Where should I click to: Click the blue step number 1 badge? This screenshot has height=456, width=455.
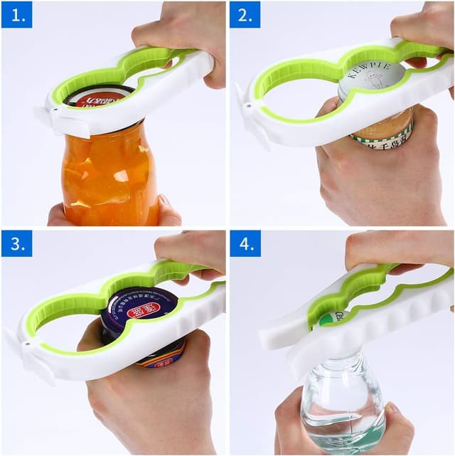click(x=16, y=14)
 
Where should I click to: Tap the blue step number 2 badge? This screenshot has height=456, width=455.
click(x=245, y=14)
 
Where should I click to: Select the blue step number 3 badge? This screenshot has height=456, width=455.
click(x=16, y=243)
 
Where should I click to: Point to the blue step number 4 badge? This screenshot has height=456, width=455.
click(x=245, y=243)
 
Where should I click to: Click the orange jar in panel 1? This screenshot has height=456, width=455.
click(x=110, y=174)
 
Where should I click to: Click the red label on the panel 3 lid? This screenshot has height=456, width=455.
click(x=138, y=307)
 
